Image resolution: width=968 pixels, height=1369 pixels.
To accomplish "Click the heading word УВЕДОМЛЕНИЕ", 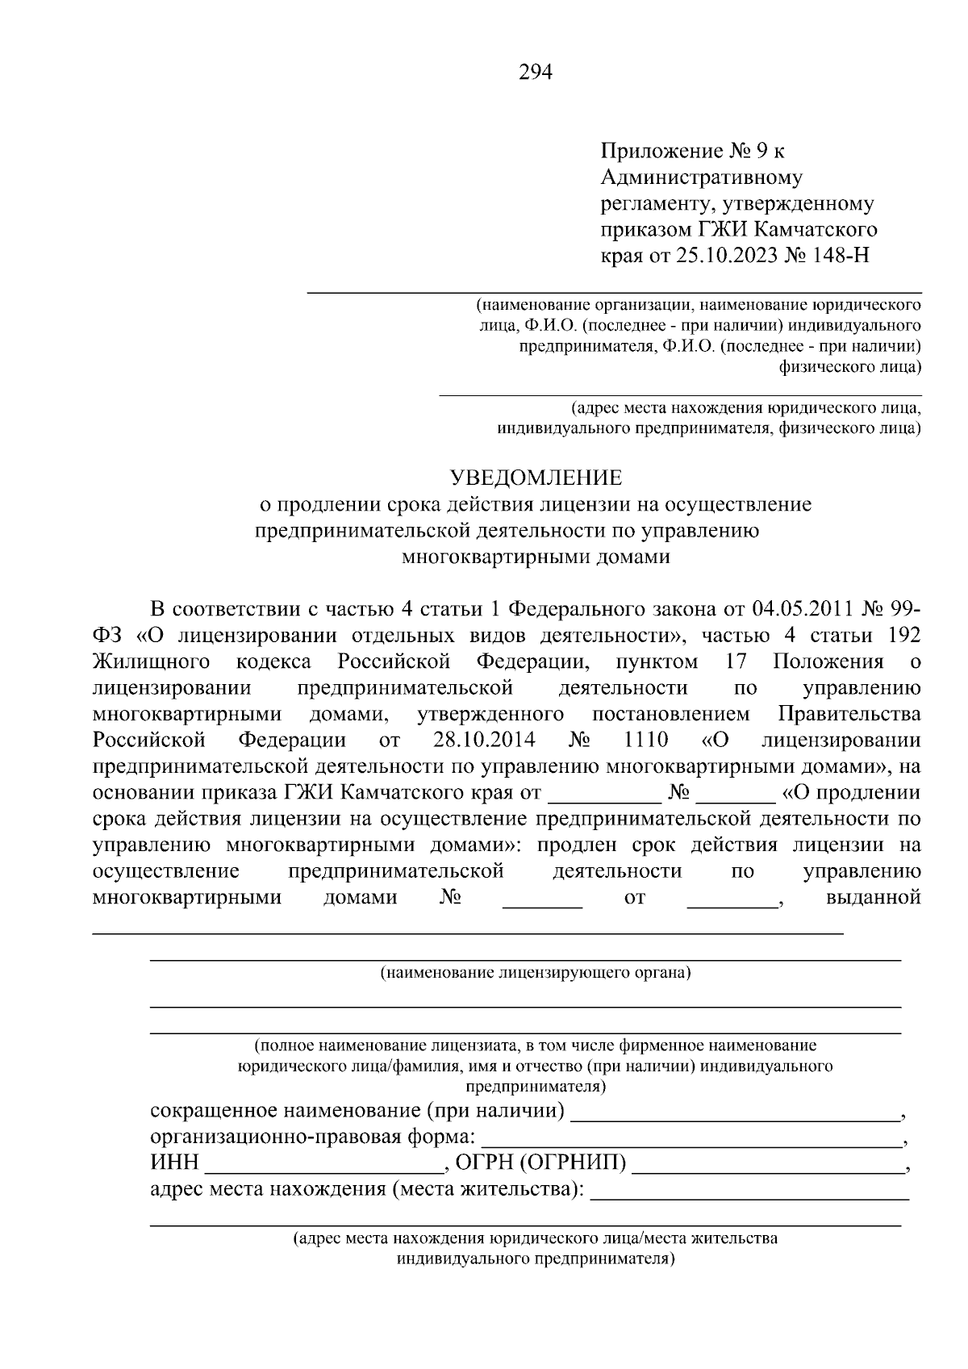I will (536, 478).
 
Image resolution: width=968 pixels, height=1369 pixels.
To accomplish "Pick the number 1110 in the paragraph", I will (647, 740).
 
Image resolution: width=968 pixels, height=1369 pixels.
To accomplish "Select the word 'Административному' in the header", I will (702, 177).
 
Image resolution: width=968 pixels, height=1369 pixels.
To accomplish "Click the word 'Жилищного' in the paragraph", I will (152, 662).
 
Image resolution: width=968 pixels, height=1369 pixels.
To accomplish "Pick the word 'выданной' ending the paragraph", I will (874, 897).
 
